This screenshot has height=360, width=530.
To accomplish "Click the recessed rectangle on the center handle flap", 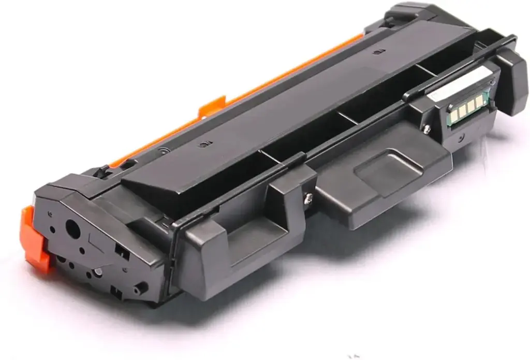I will [x=383, y=165].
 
